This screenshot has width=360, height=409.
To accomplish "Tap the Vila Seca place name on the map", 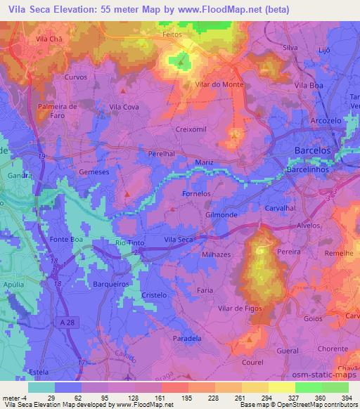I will (x=178, y=240).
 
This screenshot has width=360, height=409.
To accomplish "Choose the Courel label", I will (x=249, y=363).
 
